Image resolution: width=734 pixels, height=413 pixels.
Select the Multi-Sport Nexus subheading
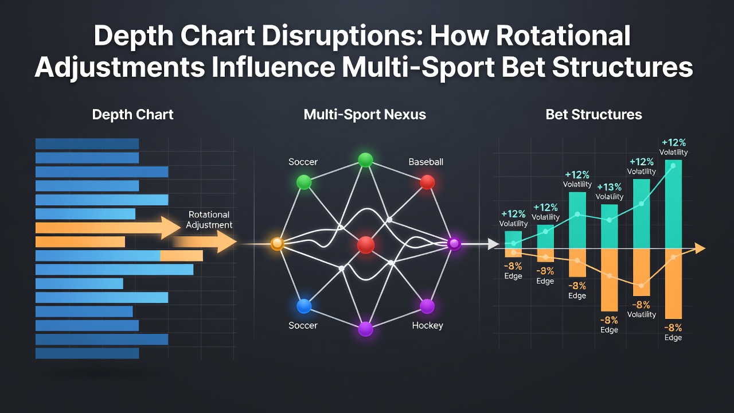pyautogui.click(x=365, y=114)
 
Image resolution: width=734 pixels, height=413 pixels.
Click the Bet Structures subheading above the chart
pyautogui.click(x=594, y=114)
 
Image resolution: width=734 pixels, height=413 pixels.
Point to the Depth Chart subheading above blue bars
pyautogui.click(x=132, y=115)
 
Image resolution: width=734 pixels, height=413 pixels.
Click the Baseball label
pyautogui.click(x=425, y=162)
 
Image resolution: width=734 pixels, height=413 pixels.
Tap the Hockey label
pyautogui.click(x=427, y=325)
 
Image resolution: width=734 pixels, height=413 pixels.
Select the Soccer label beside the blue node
pyautogui.click(x=303, y=325)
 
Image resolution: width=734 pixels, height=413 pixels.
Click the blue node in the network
pyautogui.click(x=304, y=306)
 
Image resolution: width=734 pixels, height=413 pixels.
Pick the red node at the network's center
pyautogui.click(x=366, y=245)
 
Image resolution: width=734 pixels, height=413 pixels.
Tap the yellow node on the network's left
pyautogui.click(x=277, y=244)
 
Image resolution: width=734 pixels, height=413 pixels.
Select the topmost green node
pyautogui.click(x=365, y=160)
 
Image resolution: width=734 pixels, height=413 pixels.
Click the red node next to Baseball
pyautogui.click(x=427, y=182)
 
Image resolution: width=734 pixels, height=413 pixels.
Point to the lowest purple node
pyautogui.click(x=365, y=329)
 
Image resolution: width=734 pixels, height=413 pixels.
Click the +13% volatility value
pyautogui.click(x=609, y=187)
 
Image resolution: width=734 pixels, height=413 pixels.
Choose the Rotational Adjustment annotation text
pyautogui.click(x=209, y=220)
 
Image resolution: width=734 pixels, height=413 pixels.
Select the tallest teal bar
pyautogui.click(x=673, y=204)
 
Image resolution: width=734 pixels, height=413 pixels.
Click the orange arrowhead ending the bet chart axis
pyautogui.click(x=700, y=248)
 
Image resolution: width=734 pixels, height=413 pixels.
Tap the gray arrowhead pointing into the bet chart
pyautogui.click(x=493, y=244)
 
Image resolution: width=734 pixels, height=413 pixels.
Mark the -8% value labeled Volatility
pyautogui.click(x=641, y=305)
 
